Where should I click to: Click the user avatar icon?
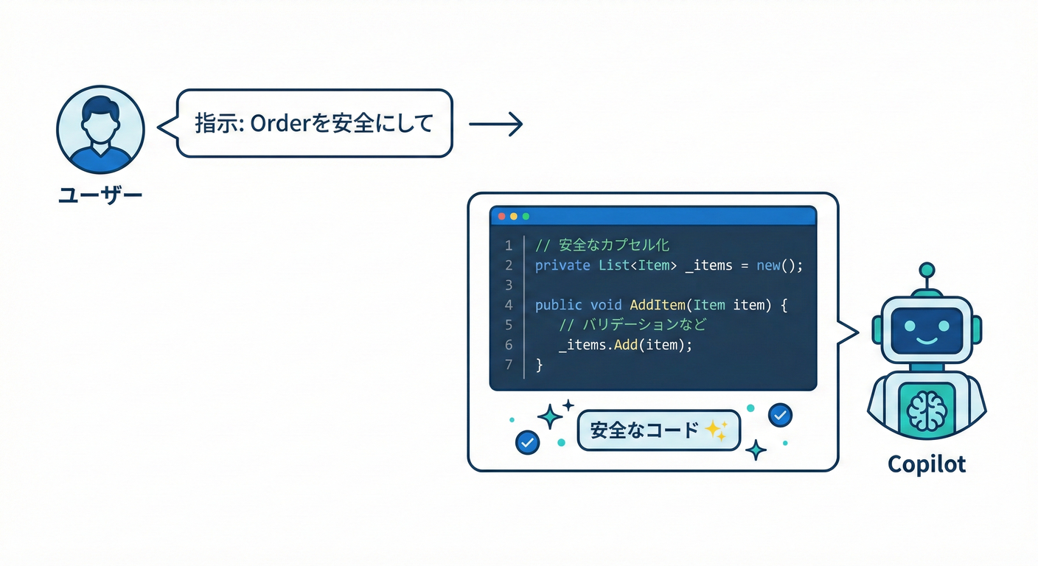pyautogui.click(x=100, y=129)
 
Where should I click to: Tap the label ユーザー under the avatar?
pyautogui.click(x=100, y=195)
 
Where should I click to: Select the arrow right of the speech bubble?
pyautogui.click(x=496, y=124)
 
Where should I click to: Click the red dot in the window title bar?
pyautogui.click(x=501, y=216)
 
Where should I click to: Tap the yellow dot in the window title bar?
pyautogui.click(x=513, y=216)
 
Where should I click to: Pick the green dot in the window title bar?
pyautogui.click(x=526, y=216)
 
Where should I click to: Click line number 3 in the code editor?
pyautogui.click(x=509, y=285)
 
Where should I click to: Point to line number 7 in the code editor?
pyautogui.click(x=509, y=365)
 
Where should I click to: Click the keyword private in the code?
pyautogui.click(x=562, y=266)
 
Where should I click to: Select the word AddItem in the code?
pyautogui.click(x=658, y=305)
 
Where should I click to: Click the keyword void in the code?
pyautogui.click(x=606, y=305)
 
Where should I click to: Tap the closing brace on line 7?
pyautogui.click(x=539, y=365)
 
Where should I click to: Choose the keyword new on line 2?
pyautogui.click(x=768, y=265)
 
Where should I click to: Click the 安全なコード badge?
pyautogui.click(x=658, y=430)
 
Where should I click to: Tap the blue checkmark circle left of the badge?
pyautogui.click(x=527, y=443)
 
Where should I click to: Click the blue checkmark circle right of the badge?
pyautogui.click(x=781, y=415)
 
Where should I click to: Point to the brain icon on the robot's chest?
pyautogui.click(x=927, y=410)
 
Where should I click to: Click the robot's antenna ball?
pyautogui.click(x=927, y=270)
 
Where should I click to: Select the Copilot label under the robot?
pyautogui.click(x=927, y=464)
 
